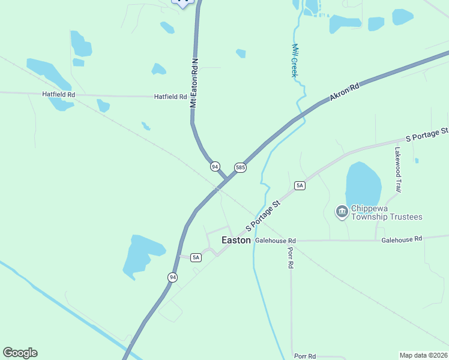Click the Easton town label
236,239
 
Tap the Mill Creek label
295,60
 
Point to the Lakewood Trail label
397,170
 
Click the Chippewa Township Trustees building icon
342,212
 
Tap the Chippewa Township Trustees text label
387,212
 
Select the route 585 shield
240,167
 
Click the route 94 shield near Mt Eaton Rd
215,166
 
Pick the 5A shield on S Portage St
300,185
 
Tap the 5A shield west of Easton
196,257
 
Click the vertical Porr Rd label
291,256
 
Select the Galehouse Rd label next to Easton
276,240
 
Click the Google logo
20,353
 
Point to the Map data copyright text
423,355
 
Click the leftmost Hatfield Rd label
58,94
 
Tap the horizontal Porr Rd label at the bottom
305,356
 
